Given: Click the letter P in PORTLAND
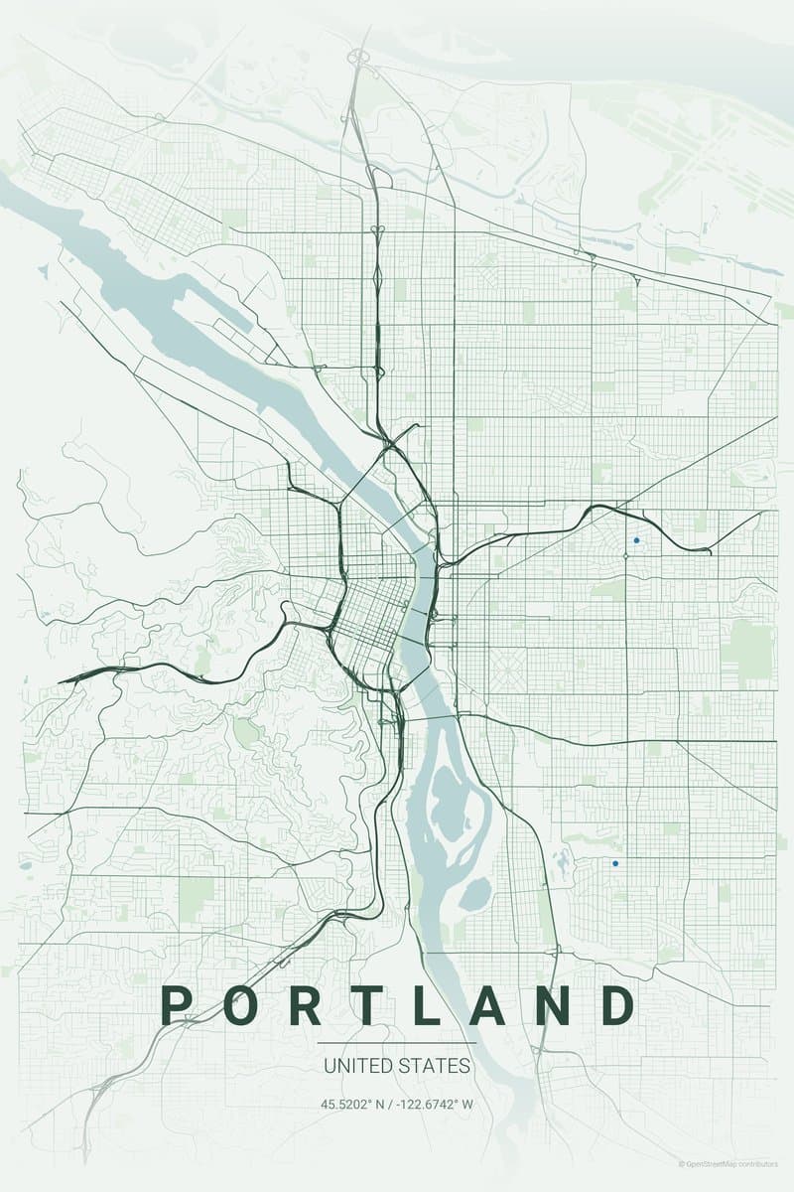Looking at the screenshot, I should point(176,1005).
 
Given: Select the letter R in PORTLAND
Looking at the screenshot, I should point(306,1005).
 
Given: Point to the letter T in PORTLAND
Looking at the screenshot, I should point(367,1005).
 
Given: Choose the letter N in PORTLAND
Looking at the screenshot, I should point(552,1005).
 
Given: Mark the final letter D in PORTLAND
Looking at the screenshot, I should point(617,1005).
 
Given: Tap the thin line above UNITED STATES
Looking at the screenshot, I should point(397,1042).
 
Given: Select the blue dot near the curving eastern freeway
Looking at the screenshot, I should point(636,540).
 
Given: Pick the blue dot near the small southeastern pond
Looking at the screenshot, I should point(615,863).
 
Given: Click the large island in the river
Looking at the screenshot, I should point(452,800).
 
